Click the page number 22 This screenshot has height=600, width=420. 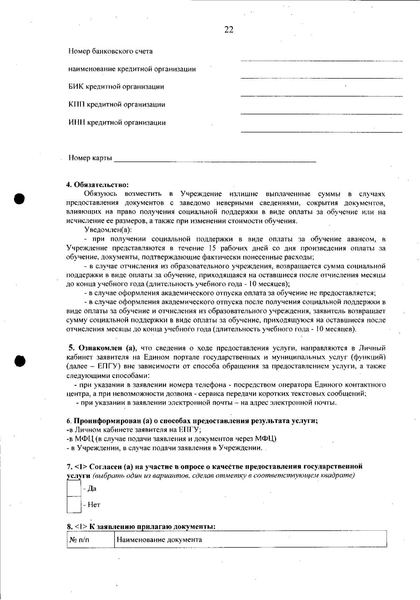(x=229, y=30)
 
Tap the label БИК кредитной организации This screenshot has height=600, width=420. (x=116, y=87)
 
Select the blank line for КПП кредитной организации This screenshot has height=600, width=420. (x=321, y=113)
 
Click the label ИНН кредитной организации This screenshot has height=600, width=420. (x=117, y=123)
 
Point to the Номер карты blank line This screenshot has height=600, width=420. (x=215, y=161)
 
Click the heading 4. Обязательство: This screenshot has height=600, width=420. (x=98, y=184)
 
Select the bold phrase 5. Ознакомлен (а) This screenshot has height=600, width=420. (x=102, y=348)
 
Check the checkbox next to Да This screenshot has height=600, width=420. (x=74, y=488)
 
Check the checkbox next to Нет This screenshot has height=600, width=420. (x=74, y=504)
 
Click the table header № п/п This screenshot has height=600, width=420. (x=79, y=539)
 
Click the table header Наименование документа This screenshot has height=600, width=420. (x=159, y=539)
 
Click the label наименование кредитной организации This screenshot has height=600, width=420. (x=132, y=69)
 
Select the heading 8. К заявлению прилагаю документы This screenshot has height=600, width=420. (x=141, y=526)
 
